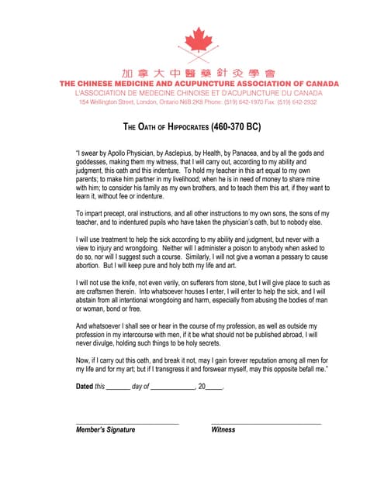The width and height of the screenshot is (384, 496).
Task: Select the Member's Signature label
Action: tap(106, 429)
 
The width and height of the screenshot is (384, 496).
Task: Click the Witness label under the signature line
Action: tap(223, 429)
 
